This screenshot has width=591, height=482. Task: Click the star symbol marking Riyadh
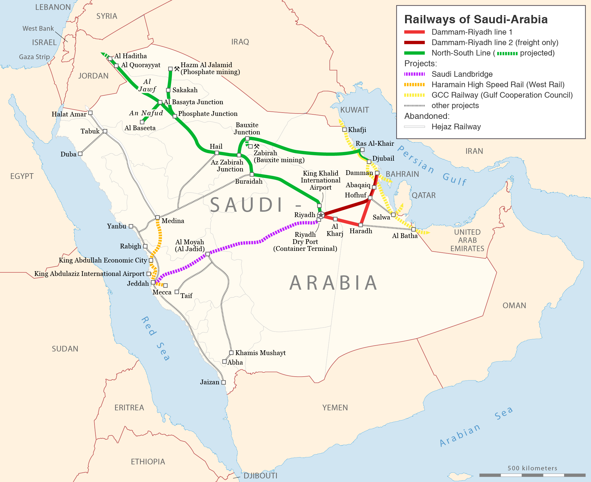click(321, 215)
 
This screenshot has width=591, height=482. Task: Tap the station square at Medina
click(158, 217)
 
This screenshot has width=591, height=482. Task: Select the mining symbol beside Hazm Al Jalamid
click(177, 69)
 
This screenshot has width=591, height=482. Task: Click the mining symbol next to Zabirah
click(257, 146)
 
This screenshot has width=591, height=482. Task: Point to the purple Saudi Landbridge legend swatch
click(414, 74)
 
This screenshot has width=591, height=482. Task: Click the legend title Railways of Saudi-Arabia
click(476, 19)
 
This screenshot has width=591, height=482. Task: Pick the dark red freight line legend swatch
click(414, 42)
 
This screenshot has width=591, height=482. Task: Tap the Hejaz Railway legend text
click(456, 127)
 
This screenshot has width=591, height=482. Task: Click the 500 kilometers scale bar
click(532, 475)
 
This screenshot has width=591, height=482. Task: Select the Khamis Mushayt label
click(260, 353)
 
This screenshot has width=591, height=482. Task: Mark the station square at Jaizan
click(224, 382)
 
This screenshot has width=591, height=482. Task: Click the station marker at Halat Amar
click(90, 113)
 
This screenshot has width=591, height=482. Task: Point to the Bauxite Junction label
click(247, 128)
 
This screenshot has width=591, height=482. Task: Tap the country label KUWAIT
click(355, 110)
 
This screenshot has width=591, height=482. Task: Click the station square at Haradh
click(361, 225)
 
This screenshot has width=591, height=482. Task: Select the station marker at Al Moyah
click(207, 254)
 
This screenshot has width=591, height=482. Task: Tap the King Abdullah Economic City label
click(103, 260)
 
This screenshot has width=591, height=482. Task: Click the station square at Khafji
click(344, 130)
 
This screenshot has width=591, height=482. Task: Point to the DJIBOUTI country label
click(260, 475)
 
